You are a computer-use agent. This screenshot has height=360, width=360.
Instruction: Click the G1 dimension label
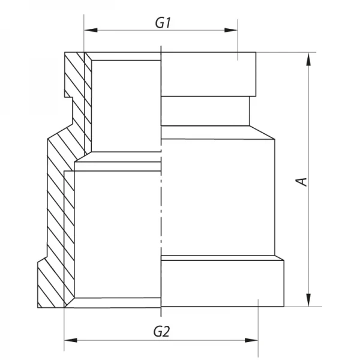(x=163, y=23)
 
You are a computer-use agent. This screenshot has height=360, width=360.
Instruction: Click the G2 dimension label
(x=161, y=332)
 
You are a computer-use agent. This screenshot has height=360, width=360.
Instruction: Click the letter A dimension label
(x=301, y=181)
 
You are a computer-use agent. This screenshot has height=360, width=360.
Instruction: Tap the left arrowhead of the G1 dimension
(x=91, y=30)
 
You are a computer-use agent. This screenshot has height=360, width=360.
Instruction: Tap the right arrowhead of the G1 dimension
(x=231, y=30)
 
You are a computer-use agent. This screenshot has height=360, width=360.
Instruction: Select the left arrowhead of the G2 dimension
(x=71, y=340)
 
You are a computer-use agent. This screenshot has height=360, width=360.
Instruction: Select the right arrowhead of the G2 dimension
(x=251, y=340)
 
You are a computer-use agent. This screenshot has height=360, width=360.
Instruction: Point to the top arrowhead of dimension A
(x=309, y=59)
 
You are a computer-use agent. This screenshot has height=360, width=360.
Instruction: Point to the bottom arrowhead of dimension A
(x=309, y=299)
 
